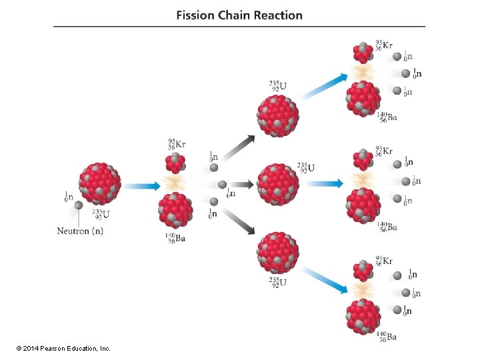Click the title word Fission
pos(195,15)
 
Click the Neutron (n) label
pos(80,231)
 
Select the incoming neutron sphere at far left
pos(78,205)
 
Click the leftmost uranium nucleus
pos(100,183)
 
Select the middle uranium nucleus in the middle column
pos(278,183)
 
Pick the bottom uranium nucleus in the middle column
pos(278,252)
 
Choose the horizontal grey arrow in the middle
pos(243,185)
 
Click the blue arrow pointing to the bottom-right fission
pos(325,280)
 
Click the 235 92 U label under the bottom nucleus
pos(278,283)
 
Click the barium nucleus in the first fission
pos(175,210)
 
